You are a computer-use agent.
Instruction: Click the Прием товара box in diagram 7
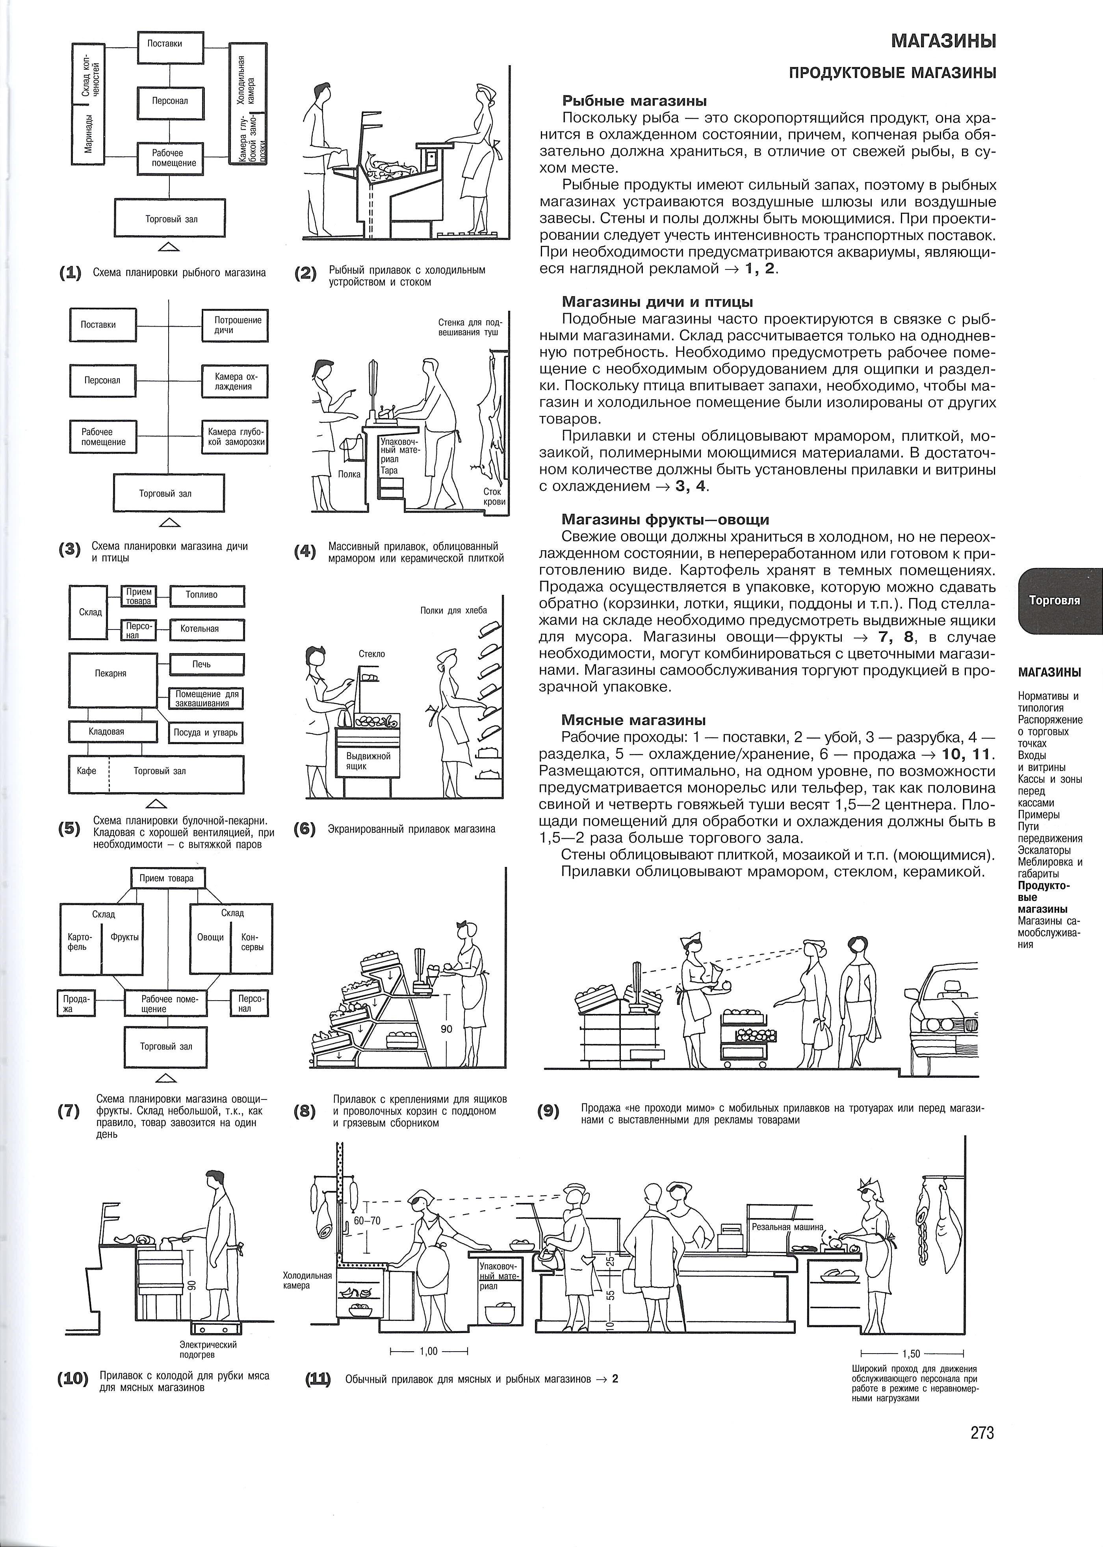coord(166,877)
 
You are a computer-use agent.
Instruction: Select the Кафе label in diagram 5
coord(87,771)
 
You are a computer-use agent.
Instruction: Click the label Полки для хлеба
coord(454,610)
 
